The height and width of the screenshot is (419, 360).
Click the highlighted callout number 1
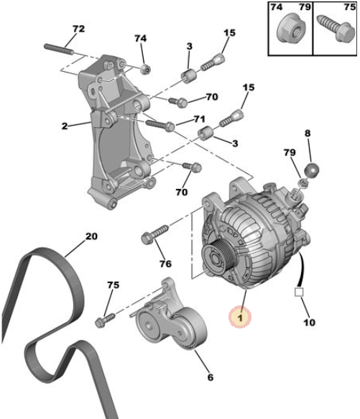[240, 318]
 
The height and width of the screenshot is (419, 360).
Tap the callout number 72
[78, 29]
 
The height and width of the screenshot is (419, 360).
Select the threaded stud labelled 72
[58, 50]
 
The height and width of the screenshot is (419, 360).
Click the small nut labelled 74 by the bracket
[146, 69]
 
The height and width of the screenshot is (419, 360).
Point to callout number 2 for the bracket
[65, 126]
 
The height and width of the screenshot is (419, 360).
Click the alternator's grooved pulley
[218, 260]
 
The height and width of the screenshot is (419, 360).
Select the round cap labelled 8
[312, 170]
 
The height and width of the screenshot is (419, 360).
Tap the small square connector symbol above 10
[299, 292]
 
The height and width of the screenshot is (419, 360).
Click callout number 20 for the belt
[91, 236]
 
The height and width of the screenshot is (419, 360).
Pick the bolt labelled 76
[154, 234]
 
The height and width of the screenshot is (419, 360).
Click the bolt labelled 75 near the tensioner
[105, 320]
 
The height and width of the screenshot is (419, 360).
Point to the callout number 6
[211, 377]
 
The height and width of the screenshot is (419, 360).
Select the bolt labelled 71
[160, 125]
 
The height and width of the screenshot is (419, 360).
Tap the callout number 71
[199, 119]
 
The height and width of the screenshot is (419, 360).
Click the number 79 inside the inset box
[305, 7]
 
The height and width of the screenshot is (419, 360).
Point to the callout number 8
[308, 133]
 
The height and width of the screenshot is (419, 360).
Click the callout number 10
[309, 323]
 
